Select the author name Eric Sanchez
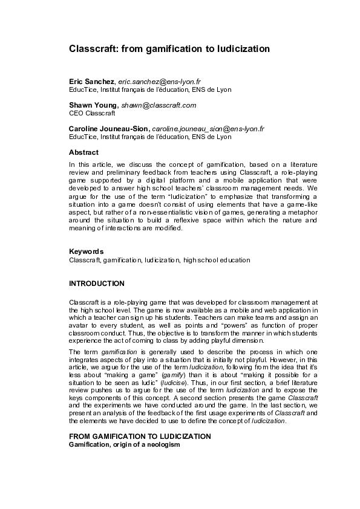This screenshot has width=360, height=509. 92,80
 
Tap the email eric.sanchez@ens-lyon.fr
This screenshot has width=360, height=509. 159,80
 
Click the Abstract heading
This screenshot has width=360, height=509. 83,152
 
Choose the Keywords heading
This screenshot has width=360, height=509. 86,251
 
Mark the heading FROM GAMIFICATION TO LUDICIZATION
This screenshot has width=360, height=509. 140,435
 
